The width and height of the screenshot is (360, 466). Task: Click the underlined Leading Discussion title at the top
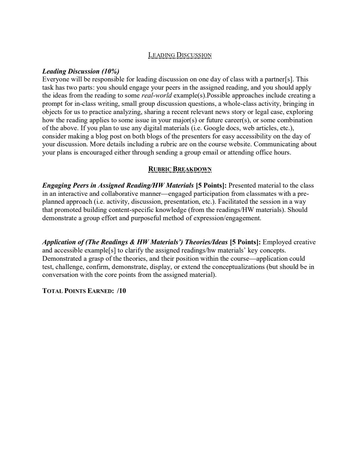pyautogui.click(x=180, y=55)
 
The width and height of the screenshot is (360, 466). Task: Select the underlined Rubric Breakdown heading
pyautogui.click(x=180, y=169)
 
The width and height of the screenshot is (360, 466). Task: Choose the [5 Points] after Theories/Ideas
pyautogui.click(x=245, y=242)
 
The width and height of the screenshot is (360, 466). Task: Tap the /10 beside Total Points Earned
pyautogui.click(x=121, y=291)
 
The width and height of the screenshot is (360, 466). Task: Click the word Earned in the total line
pyautogui.click(x=101, y=291)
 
